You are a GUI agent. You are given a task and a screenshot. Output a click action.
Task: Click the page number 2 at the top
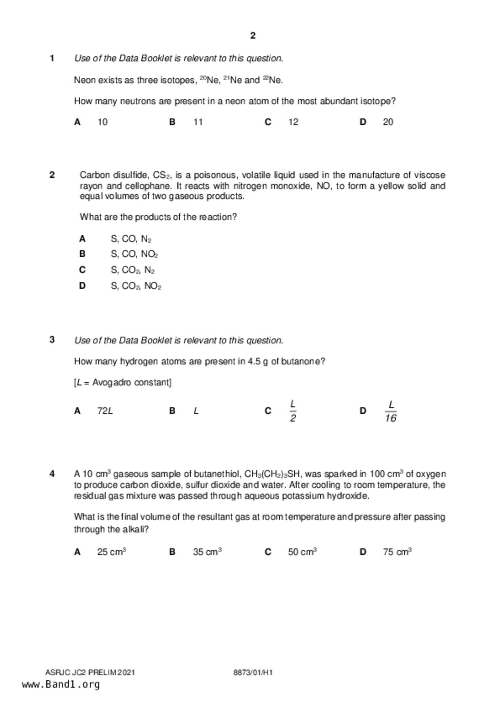[253, 35]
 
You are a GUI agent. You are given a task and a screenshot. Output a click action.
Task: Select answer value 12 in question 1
[293, 122]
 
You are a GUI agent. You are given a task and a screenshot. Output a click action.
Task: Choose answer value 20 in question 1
[388, 122]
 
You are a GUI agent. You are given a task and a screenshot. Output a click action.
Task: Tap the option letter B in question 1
[172, 122]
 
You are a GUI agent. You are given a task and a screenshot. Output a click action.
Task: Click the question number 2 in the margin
[52, 175]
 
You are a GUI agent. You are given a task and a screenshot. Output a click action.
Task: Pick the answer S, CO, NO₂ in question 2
[134, 254]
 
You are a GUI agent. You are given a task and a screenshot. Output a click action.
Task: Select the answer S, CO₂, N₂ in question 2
[133, 270]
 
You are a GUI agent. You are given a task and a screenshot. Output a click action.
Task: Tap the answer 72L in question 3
[105, 411]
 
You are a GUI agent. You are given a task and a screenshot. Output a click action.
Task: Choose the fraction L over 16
[391, 411]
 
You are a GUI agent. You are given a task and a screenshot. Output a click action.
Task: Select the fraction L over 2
[293, 411]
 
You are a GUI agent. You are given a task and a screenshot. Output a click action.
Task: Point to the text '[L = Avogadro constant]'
[123, 383]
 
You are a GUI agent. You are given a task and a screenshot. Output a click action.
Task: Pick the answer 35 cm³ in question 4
[207, 552]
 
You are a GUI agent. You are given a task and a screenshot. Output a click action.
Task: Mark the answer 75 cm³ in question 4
[397, 552]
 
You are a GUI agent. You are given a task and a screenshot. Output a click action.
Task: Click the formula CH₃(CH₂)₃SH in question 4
[272, 474]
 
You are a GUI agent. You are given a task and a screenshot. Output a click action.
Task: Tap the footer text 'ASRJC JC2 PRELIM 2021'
[90, 672]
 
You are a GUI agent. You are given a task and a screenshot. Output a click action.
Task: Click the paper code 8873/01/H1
[253, 672]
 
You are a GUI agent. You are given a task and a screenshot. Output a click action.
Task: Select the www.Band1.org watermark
[61, 684]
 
